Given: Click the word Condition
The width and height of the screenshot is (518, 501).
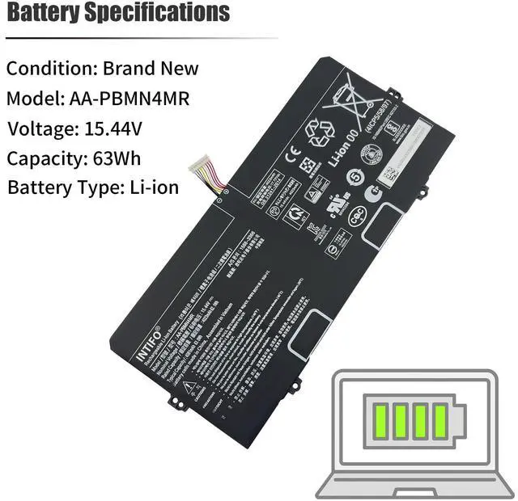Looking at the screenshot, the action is [50, 69].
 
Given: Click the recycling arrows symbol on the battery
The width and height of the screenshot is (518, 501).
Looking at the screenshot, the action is [314, 128].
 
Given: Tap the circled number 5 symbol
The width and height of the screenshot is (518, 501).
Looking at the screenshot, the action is [354, 177].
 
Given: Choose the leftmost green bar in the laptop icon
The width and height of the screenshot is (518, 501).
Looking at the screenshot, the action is [379, 419].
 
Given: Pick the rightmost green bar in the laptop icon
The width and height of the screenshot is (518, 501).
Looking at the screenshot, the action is [440, 419].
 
